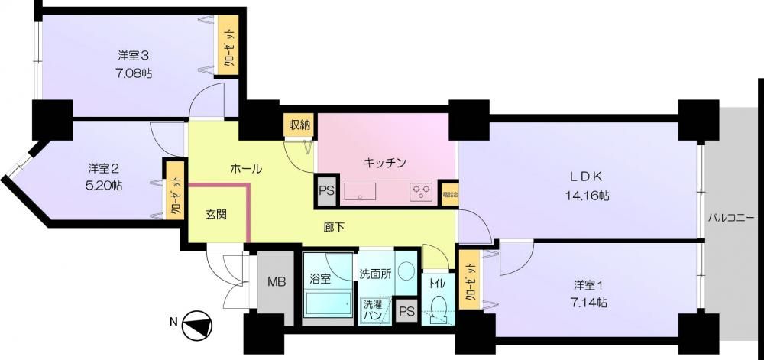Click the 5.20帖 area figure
[105, 186]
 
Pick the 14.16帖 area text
[588, 196]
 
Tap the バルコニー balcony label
[731, 217]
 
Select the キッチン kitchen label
[385, 162]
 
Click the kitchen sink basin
[360, 191]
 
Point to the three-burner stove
[422, 191]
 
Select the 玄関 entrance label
[215, 214]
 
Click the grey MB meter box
[275, 287]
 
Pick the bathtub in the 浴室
[328, 304]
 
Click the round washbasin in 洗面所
[406, 271]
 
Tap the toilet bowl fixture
[438, 306]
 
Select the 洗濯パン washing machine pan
[374, 311]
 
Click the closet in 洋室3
[228, 45]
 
